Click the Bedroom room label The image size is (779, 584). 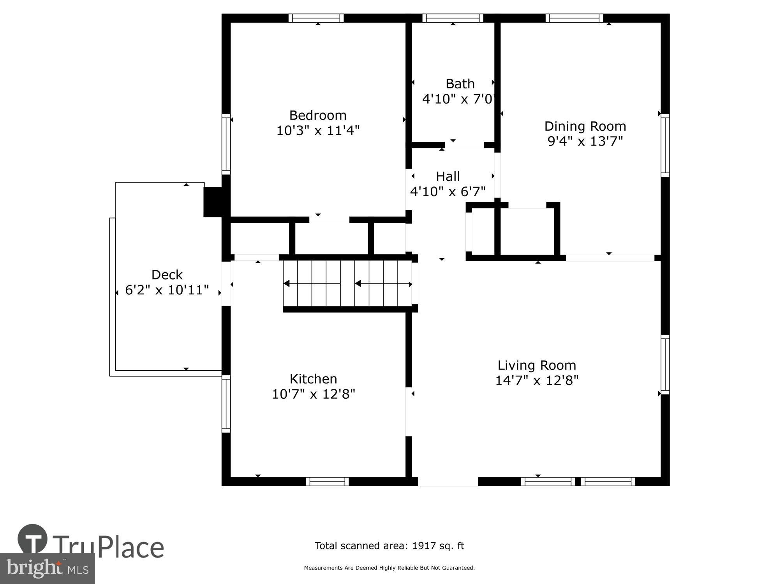tap(317, 115)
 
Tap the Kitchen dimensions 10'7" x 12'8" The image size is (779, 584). tap(313, 394)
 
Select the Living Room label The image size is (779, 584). tap(537, 365)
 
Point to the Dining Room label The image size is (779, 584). tap(585, 126)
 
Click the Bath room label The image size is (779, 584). tap(460, 84)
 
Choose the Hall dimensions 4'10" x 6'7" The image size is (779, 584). tap(448, 192)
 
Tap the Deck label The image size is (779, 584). tap(167, 275)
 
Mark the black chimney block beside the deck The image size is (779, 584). tap(213, 202)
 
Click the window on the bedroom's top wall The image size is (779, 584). tap(316, 18)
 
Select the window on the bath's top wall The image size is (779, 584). tap(453, 18)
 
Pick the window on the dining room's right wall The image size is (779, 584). tap(665, 145)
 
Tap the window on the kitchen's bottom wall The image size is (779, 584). tap(327, 482)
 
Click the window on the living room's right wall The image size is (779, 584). tap(665, 364)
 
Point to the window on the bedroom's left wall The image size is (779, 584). tap(226, 144)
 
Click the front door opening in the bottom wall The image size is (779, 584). tap(448, 482)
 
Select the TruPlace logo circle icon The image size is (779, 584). tap(32, 539)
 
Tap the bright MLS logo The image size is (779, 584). tap(47, 568)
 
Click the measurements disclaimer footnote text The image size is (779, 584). tap(389, 568)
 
